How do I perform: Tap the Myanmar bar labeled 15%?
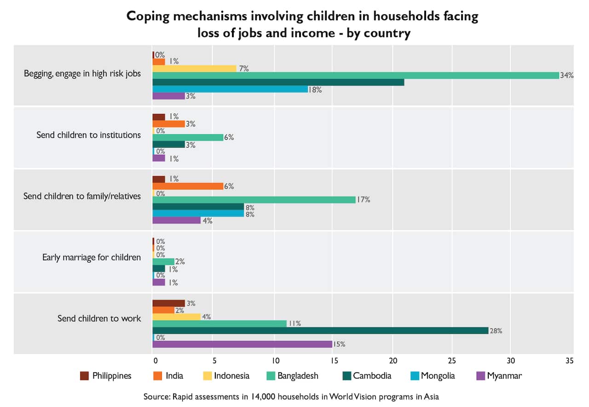[x=242, y=344]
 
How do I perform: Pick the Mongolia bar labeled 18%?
[x=230, y=89]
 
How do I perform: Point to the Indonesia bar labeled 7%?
[x=194, y=69]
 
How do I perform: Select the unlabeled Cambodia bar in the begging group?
[x=278, y=82]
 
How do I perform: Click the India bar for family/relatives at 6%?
[x=188, y=186]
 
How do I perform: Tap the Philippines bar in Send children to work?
[x=168, y=303]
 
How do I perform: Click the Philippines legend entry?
[x=105, y=376]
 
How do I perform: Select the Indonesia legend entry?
[x=225, y=376]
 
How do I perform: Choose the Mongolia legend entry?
[x=432, y=376]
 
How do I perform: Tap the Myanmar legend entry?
[x=498, y=376]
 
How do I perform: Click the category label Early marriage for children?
[x=92, y=257]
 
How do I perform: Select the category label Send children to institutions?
[x=89, y=135]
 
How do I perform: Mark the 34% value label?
[x=566, y=75]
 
